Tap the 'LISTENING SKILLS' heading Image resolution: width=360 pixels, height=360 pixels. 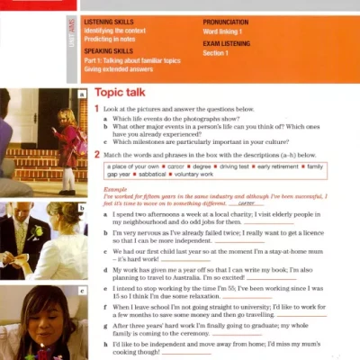coord(110,19)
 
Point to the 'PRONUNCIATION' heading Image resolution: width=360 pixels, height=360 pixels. coord(229,19)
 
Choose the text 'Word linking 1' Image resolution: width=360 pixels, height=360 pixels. coord(225,30)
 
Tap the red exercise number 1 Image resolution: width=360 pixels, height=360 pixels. coord(97,109)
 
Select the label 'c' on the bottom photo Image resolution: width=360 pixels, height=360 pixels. coord(82,291)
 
